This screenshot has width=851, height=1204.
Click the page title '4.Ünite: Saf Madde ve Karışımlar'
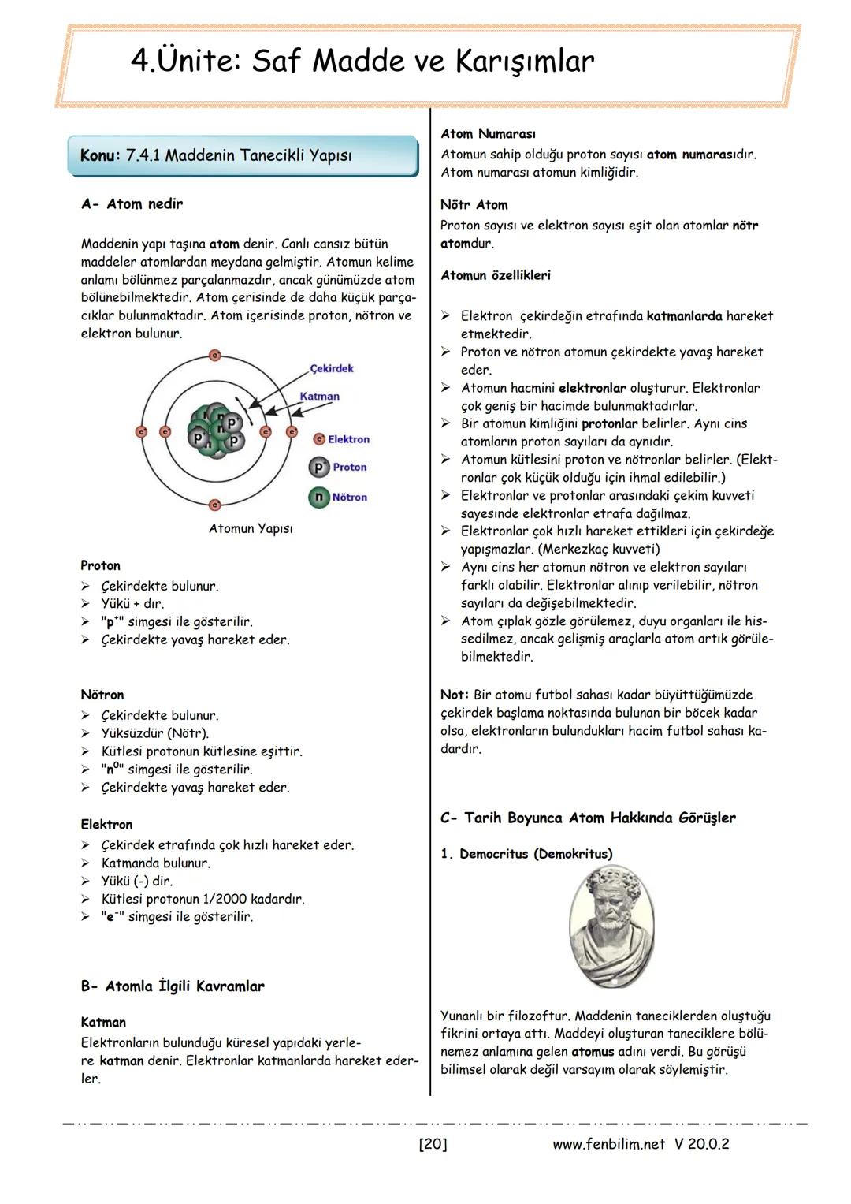362,62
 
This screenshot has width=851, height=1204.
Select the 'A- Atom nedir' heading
132,204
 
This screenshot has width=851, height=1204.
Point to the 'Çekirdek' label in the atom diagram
332,368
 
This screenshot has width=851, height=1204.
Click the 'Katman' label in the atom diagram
320,397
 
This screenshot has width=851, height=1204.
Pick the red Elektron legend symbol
319,439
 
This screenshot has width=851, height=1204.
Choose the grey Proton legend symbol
318,467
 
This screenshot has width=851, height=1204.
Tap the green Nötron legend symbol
318,497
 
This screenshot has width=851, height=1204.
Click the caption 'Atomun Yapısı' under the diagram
251,528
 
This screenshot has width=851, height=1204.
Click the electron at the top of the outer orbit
214,356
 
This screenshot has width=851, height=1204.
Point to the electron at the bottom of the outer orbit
214,505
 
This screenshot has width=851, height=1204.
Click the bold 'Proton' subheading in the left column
101,565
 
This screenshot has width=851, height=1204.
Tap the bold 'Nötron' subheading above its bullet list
102,695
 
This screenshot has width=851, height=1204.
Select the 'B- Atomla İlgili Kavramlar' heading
173,986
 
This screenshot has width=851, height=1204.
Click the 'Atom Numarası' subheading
489,134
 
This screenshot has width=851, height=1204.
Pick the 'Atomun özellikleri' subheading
496,275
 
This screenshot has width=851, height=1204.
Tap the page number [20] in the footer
433,1143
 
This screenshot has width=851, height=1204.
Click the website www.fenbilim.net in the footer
609,1143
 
